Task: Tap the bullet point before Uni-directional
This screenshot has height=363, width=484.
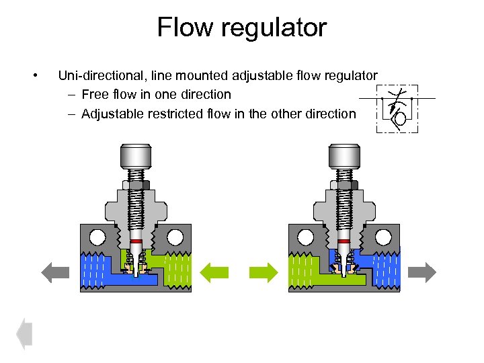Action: [x=42, y=75]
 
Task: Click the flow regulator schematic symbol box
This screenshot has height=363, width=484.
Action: [x=397, y=108]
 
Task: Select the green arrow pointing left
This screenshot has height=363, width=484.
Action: [x=216, y=272]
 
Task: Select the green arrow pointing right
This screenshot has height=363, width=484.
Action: [x=264, y=272]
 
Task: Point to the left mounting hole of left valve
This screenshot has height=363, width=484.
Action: [x=97, y=237]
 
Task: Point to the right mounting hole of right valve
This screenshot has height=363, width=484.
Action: [x=383, y=237]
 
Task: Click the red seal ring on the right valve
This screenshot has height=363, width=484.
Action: [x=344, y=241]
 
